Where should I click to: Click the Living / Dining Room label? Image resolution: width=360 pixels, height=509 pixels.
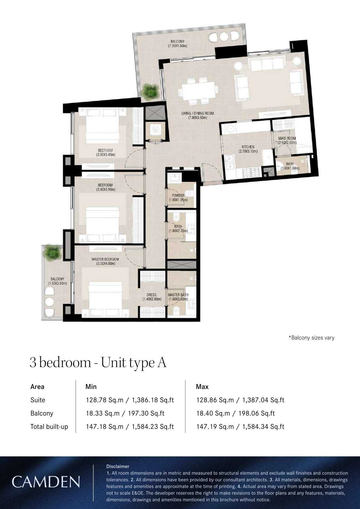[x=197, y=113]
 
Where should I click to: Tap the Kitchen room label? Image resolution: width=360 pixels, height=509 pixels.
[x=248, y=147]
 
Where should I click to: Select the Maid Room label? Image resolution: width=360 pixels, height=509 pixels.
[x=287, y=139]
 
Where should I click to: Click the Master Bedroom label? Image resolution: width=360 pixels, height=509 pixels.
[x=105, y=259]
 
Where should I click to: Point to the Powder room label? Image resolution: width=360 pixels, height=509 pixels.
[x=178, y=196]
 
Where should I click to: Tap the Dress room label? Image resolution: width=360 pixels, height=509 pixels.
[x=151, y=295]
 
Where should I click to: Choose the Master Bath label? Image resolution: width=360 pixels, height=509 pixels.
[x=178, y=295]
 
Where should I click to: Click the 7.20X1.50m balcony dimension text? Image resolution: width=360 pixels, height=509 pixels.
[x=177, y=46]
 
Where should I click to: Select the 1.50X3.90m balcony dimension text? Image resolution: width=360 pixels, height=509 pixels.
[x=57, y=283]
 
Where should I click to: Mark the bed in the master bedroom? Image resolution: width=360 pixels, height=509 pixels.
[x=105, y=298]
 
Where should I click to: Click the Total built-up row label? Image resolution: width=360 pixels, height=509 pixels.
[x=49, y=426]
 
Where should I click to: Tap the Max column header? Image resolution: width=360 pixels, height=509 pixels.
[x=202, y=387]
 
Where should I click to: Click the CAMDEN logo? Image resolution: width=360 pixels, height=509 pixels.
[x=46, y=482]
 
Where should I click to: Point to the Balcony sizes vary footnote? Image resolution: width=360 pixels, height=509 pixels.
[x=312, y=338]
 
